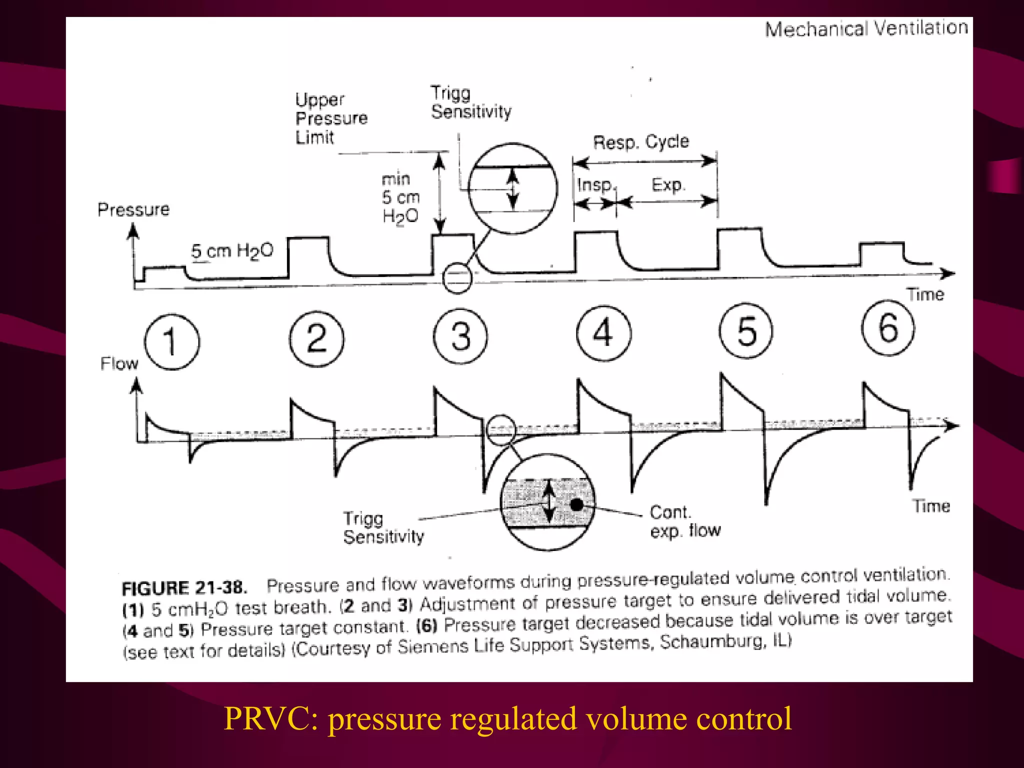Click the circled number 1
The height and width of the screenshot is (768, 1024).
click(171, 342)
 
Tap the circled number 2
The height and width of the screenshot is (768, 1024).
click(316, 339)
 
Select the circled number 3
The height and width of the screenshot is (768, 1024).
click(460, 336)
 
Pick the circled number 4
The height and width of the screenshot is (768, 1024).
click(603, 333)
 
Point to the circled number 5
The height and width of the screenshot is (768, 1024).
click(746, 331)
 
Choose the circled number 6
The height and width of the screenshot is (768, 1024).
click(888, 328)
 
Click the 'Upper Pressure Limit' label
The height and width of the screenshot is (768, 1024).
click(330, 118)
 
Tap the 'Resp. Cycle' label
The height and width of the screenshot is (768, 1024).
click(641, 141)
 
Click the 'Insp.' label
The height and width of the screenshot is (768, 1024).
click(594, 185)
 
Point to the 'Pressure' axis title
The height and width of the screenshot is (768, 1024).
click(133, 209)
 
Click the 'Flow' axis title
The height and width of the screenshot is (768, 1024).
click(119, 363)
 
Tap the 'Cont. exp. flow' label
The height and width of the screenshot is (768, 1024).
click(684, 521)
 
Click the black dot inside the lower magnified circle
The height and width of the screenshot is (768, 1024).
click(576, 504)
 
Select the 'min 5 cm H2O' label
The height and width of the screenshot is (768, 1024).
click(400, 198)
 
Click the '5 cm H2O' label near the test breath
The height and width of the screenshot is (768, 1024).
click(232, 250)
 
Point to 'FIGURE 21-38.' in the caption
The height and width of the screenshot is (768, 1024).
click(184, 587)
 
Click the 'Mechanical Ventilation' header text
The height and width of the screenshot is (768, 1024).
click(866, 28)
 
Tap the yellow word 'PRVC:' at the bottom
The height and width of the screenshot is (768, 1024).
click(271, 719)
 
